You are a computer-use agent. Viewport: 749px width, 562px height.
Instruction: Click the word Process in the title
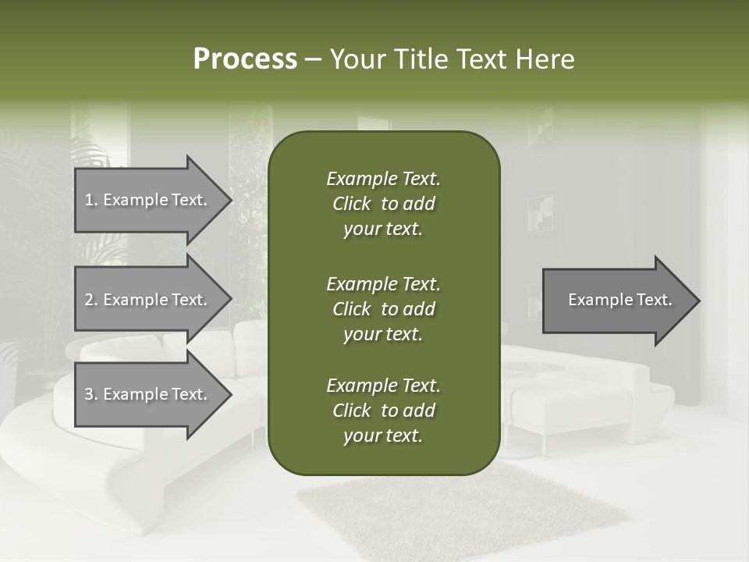245,59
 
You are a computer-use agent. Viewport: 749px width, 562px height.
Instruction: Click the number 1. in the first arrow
91,200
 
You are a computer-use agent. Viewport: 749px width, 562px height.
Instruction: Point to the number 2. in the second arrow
91,300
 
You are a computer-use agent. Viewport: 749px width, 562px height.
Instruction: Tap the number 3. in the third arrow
91,394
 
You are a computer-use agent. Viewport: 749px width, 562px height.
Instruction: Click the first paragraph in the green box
383,204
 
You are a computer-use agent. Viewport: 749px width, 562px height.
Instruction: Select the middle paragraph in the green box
383,309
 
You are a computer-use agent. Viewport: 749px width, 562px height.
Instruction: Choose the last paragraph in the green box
383,411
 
